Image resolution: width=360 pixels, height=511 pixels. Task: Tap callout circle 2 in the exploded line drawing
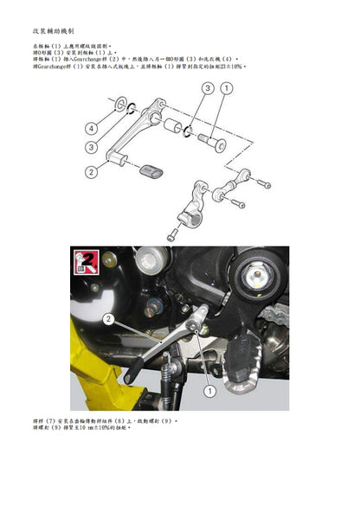coord(90,172)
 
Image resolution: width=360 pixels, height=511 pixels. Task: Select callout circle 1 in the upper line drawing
coord(227,88)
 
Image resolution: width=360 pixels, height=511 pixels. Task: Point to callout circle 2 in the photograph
coord(109,319)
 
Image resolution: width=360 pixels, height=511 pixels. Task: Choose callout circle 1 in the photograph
coord(209,392)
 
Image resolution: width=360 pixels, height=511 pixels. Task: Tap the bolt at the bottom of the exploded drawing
coord(171,233)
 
